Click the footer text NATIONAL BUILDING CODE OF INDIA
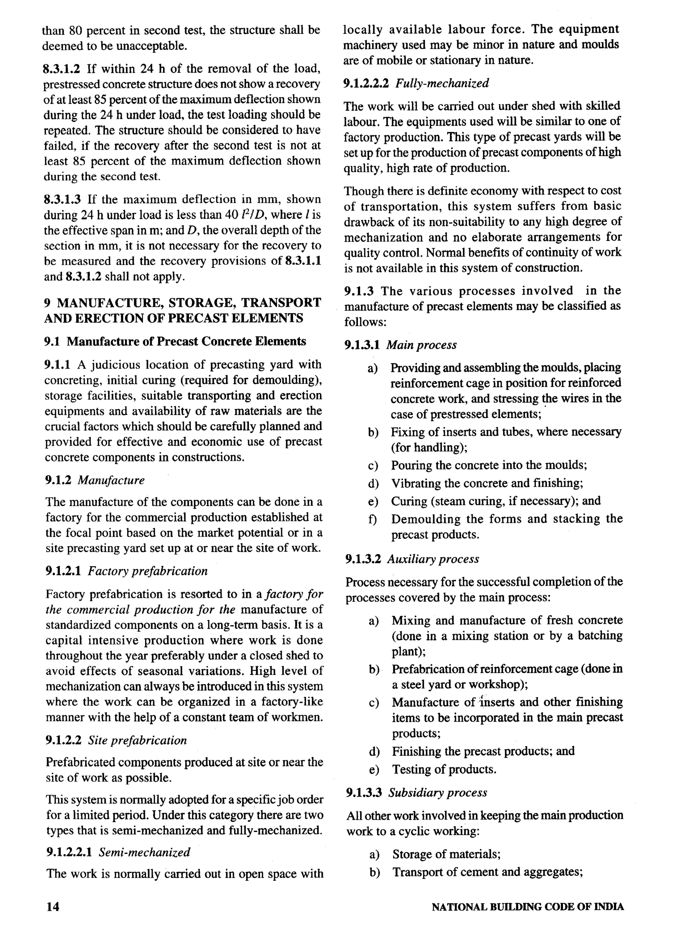pos(528,907)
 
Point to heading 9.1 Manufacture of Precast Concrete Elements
pos(175,341)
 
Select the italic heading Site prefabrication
pos(137,740)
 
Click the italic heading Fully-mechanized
pos(442,83)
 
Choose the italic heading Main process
pos(422,345)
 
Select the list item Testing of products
pos(444,769)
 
